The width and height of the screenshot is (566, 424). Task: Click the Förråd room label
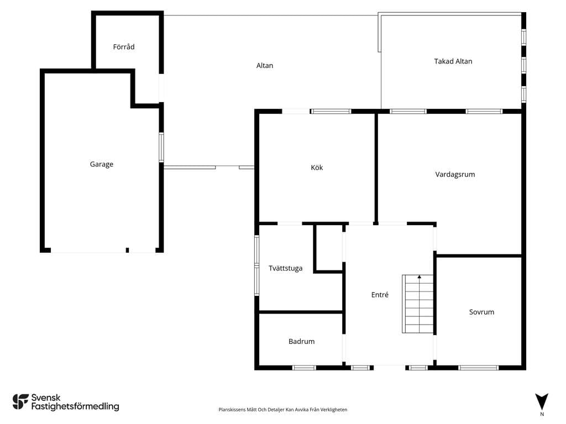click(124, 47)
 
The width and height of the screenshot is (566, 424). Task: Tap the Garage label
click(102, 165)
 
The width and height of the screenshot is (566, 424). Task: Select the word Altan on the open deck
click(265, 66)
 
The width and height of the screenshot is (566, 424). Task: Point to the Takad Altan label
click(453, 61)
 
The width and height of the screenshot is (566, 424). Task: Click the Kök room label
click(317, 167)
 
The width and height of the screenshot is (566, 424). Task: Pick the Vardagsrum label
click(455, 174)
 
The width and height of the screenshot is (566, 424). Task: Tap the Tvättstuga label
click(286, 268)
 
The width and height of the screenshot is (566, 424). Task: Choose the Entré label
click(380, 295)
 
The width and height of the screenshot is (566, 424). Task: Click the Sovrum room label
click(481, 312)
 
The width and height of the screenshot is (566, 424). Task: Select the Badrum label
click(301, 341)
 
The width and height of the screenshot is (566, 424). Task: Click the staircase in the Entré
click(418, 304)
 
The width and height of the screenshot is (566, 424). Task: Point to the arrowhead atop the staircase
click(419, 277)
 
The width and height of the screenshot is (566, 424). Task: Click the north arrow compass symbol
click(542, 402)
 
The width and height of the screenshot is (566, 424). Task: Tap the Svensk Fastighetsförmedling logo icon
click(20, 402)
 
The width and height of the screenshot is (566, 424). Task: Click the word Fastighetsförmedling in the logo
click(75, 407)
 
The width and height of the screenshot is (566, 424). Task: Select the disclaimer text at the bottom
click(282, 410)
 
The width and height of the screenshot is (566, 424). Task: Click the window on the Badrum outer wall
click(304, 368)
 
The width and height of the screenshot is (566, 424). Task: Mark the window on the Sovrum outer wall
click(479, 368)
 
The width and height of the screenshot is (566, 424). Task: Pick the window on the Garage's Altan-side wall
click(161, 147)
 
